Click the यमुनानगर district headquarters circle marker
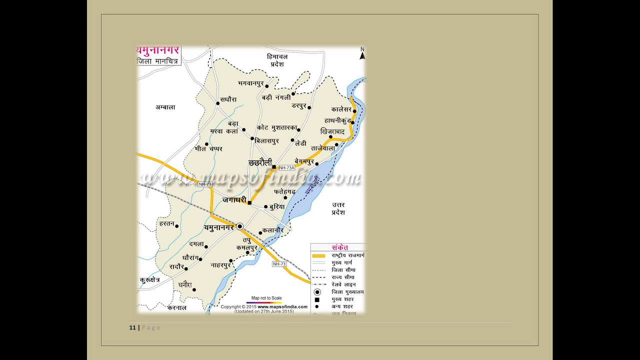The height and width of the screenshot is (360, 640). pos(239,226)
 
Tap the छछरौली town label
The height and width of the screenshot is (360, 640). pos(260,163)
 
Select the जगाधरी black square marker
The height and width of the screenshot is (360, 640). pos(249,202)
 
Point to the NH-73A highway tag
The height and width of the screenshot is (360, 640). pos(286,168)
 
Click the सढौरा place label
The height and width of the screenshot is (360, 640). pos(228,99)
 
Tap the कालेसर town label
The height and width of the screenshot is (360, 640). pos(341,109)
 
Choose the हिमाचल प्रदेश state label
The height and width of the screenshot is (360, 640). pos(277,60)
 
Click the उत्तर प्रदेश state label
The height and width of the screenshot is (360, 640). pos(338,208)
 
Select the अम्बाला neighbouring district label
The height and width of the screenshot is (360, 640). pos(165,107)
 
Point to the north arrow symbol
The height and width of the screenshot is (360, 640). pos(362,53)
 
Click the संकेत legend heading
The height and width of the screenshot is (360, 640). pos(340,247)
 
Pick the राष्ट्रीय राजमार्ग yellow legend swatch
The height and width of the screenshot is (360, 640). pos(318,255)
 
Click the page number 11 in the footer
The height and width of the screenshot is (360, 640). pos(132,327)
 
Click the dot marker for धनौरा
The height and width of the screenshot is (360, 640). pos(194,289)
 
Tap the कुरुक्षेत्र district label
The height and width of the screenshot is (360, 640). pos(149,280)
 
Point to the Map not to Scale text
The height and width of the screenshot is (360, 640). pos(266,298)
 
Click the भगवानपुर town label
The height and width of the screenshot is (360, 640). pos(250,82)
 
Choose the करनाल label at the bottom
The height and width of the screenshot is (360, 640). pos(177,308)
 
